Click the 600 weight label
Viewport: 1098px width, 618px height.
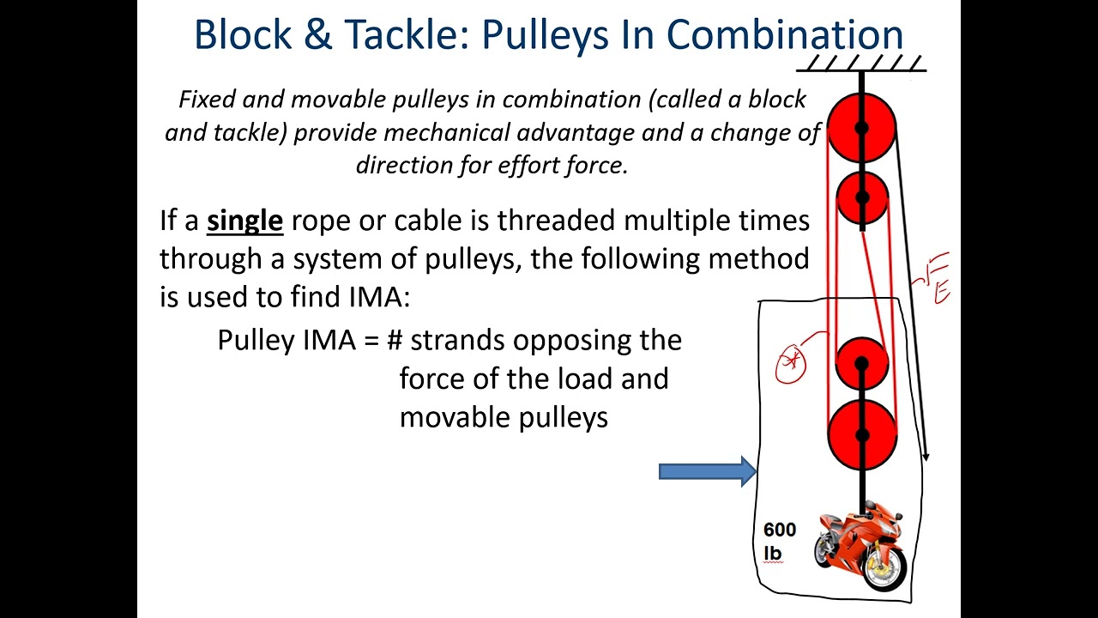point(779,530)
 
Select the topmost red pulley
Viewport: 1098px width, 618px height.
point(861,128)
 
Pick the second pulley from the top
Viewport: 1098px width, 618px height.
point(862,197)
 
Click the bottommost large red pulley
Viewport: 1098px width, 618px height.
point(862,434)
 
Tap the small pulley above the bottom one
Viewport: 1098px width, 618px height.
point(861,363)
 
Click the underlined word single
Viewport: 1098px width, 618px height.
point(244,221)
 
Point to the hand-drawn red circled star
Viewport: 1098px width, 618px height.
point(790,363)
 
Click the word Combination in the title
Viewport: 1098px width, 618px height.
point(785,34)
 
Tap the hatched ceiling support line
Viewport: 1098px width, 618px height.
point(861,65)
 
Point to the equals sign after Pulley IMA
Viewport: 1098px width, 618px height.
point(371,341)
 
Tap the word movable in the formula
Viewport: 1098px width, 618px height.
point(449,417)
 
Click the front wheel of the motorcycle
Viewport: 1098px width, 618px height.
point(884,567)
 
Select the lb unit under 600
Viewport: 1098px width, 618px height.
point(772,554)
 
